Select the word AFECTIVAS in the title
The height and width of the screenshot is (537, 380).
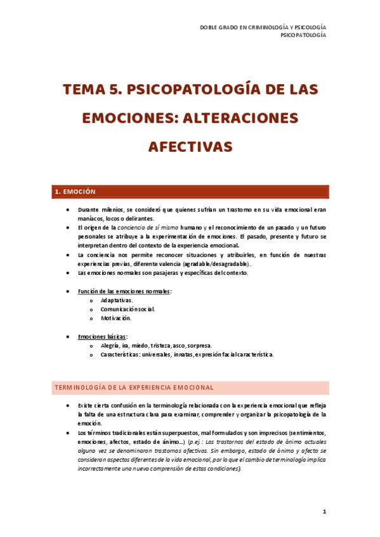point(190,146)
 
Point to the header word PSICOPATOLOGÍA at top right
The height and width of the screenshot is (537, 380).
point(304,35)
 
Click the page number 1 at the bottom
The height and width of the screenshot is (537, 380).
point(324,512)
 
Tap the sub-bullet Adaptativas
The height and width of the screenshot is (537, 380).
point(117,300)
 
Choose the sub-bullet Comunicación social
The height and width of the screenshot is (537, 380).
point(127,309)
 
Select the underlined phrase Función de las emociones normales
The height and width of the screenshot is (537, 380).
point(124,291)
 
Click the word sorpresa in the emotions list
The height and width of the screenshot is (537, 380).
point(200,346)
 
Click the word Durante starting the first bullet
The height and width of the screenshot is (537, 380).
point(89,209)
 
